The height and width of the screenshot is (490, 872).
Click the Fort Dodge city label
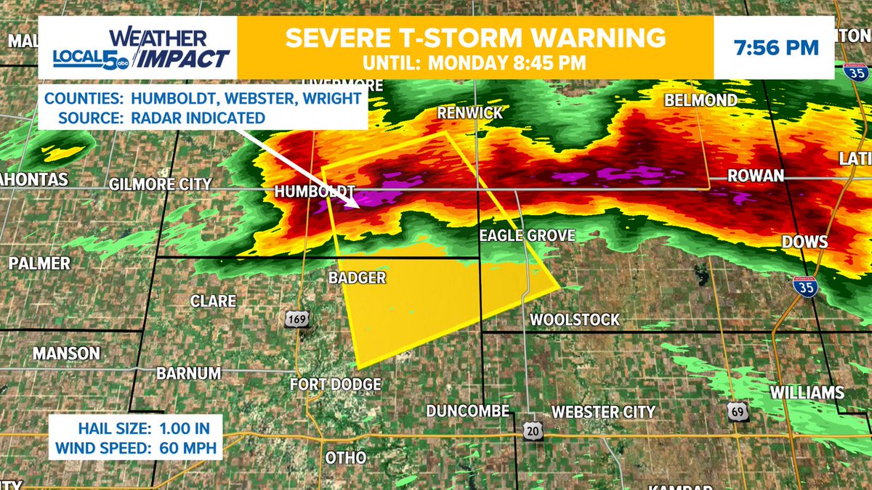335,384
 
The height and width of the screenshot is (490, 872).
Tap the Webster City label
603,412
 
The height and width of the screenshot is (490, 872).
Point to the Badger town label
356,277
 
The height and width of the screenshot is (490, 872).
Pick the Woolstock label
575,319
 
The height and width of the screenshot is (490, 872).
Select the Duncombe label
467,410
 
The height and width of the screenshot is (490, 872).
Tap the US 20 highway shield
530,430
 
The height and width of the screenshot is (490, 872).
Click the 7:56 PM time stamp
776,49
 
